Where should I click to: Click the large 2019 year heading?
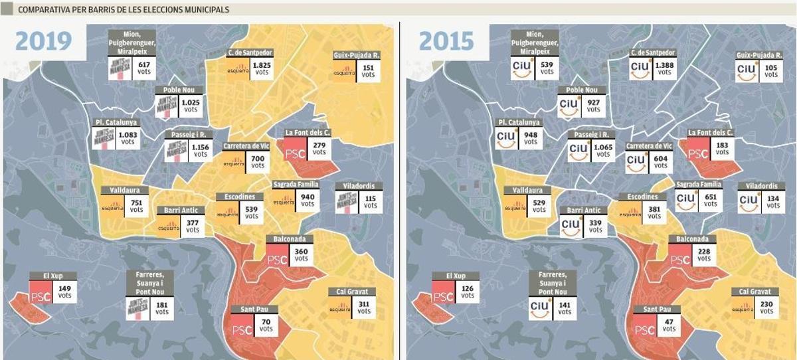(x=43, y=41)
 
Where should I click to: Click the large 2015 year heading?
(x=446, y=41)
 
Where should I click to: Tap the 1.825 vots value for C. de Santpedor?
(x=262, y=68)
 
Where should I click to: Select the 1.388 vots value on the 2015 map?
(x=665, y=68)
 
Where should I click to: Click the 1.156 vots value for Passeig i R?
(x=199, y=150)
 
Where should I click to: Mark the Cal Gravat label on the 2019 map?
(x=352, y=292)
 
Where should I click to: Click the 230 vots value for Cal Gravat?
(x=766, y=307)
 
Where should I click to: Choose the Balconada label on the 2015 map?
(x=691, y=239)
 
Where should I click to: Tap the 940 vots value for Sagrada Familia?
(x=308, y=201)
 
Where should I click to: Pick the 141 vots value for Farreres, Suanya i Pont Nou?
(x=565, y=309)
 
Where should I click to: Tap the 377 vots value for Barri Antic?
(x=192, y=226)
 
